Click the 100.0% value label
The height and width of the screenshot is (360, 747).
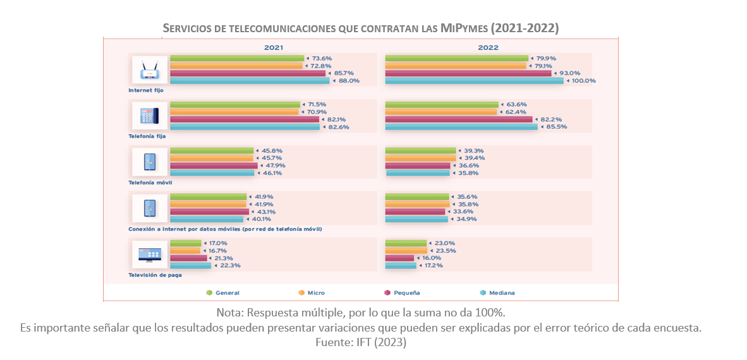583,81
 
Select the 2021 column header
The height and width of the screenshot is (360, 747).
274,48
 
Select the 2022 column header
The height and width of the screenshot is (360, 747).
488,48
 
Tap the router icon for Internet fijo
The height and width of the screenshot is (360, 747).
150,70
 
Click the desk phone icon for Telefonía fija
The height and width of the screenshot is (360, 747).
150,116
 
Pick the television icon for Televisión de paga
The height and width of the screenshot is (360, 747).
150,254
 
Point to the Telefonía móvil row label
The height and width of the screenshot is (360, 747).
150,183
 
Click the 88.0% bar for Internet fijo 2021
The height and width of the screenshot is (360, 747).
250,81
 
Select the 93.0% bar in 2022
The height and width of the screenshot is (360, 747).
468,73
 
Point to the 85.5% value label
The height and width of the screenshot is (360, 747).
557,127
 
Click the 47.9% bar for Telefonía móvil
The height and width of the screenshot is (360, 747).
214,165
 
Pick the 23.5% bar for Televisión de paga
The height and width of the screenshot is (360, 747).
406,251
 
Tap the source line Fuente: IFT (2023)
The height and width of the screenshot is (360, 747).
360,342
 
